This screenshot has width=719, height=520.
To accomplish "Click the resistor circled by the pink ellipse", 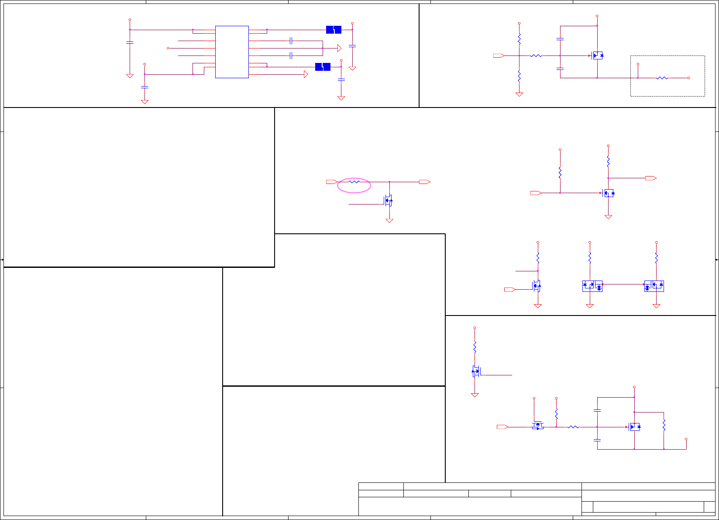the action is click(x=354, y=182).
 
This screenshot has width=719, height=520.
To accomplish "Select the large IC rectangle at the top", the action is click(x=232, y=52).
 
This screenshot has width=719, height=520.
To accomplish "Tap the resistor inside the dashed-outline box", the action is click(x=662, y=78).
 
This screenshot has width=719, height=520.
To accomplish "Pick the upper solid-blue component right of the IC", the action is click(x=334, y=30).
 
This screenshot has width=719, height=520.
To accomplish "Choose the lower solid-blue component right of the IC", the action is click(x=323, y=67).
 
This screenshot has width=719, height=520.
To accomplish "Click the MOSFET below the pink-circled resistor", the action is click(x=389, y=201).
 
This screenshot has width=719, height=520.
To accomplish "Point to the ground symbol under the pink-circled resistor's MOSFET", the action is click(x=389, y=221).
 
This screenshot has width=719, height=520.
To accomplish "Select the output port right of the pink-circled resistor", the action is click(x=424, y=182).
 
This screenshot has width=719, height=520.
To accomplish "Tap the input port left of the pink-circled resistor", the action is click(x=332, y=182).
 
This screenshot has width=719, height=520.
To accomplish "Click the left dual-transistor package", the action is click(x=592, y=286).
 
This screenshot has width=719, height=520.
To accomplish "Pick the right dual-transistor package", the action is click(x=654, y=286).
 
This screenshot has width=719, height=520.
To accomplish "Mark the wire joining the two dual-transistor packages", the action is click(x=623, y=284).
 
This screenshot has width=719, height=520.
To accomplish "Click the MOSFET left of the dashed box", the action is click(x=597, y=55).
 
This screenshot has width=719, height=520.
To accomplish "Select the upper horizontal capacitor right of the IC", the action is click(x=291, y=41).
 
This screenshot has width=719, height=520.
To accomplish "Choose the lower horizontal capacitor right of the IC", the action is click(x=291, y=55).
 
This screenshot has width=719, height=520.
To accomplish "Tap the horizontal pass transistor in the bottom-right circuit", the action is click(x=538, y=426).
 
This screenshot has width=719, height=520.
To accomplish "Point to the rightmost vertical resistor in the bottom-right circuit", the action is click(x=664, y=425).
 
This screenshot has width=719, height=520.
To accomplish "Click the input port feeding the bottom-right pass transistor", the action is click(x=502, y=427).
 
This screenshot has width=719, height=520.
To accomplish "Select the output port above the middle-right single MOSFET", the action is click(x=650, y=178).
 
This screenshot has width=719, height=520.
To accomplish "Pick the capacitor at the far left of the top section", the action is click(x=130, y=42).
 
